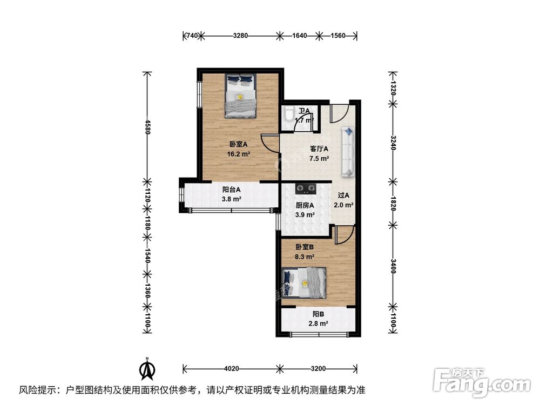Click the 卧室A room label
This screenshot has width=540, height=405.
coord(238,144)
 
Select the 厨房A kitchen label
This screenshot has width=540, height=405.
coord(305,205)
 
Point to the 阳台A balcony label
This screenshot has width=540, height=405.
coord(232,190)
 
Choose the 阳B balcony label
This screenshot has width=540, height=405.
coord(318,314)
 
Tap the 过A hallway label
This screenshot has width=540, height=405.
coord(343,195)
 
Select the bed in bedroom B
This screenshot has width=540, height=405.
coord(304,282)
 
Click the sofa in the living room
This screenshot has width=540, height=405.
coord(348,152)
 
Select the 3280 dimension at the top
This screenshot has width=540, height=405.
coord(240,36)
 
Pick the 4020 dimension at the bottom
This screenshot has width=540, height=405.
coord(231,369)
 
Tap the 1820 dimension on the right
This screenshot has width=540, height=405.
coord(393,205)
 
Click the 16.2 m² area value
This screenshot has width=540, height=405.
coord(238,153)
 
